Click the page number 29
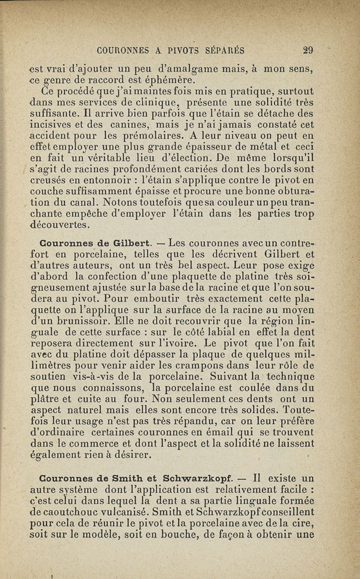308,50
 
